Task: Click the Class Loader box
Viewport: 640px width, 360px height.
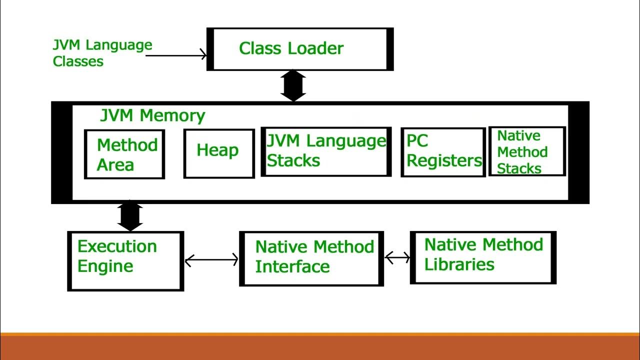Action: point(300,49)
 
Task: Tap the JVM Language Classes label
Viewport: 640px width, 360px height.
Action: point(102,53)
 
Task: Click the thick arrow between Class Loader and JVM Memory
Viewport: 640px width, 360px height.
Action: point(293,86)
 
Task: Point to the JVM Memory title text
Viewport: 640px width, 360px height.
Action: point(152,115)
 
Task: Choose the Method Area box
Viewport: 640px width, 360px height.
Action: point(124,154)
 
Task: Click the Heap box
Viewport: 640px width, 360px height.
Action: point(218,153)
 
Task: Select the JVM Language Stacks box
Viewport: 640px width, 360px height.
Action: point(326,151)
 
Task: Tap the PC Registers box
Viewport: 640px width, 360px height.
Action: point(443,152)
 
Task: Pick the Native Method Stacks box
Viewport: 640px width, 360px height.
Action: point(526,151)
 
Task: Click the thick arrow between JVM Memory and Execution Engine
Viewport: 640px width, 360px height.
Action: point(130,216)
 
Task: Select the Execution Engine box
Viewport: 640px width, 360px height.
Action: point(125,260)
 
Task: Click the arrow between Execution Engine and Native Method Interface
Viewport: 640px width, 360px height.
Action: point(211,260)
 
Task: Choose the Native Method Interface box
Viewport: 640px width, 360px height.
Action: point(311,258)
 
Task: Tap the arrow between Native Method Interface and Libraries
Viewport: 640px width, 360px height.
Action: point(397,258)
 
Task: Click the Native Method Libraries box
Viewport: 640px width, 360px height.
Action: point(483,257)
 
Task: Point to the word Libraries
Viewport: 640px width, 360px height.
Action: point(459,264)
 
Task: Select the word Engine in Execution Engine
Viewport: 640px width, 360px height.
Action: point(105,266)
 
